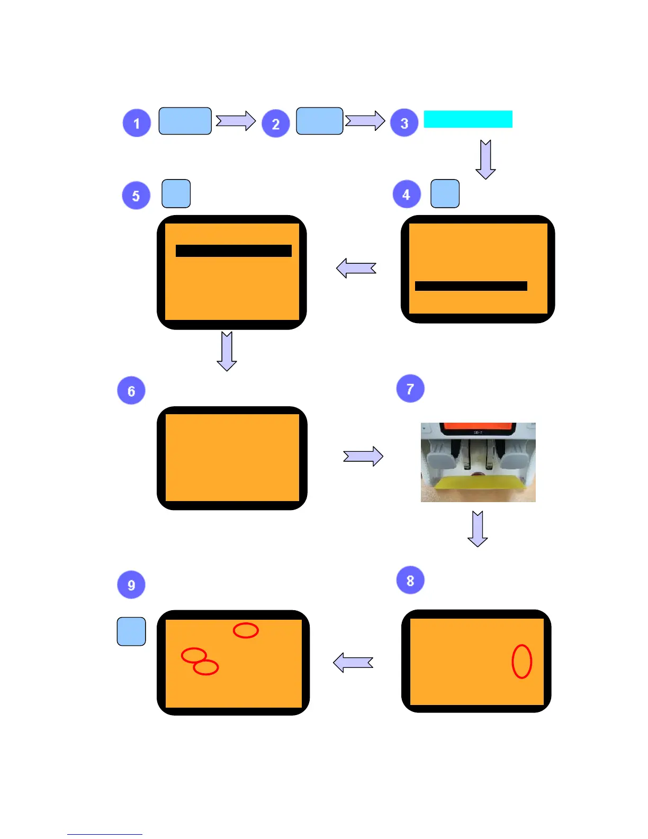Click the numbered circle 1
pos(137,123)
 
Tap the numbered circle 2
pos(275,124)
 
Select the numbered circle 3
pos(404,123)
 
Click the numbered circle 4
pos(406,194)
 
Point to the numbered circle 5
pos(136,196)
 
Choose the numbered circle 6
pos(131,391)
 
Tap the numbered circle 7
pos(410,389)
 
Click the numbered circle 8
pos(410,581)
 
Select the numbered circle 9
pos(131,585)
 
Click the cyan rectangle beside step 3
pos(468,119)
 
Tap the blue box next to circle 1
pos(185,121)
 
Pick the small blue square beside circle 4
pos(445,193)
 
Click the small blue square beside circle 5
pos(176,193)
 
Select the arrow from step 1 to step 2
pos(236,121)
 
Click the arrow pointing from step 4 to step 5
pos(356,268)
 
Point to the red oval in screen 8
pos(521,661)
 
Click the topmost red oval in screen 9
pos(246,630)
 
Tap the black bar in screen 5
pos(233,251)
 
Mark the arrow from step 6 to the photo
pos(363,456)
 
